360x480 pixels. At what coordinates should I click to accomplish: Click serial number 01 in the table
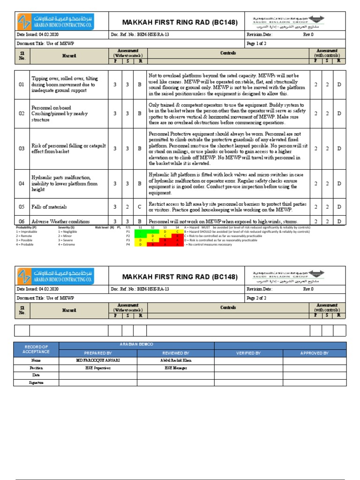click(21, 85)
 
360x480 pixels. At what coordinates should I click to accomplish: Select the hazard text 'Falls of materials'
click(49, 207)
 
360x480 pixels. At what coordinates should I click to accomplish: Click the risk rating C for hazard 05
click(139, 207)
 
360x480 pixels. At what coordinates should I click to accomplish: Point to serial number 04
click(21, 184)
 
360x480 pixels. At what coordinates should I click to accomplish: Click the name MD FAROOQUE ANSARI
click(98, 360)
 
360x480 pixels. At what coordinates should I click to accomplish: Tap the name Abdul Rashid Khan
click(176, 360)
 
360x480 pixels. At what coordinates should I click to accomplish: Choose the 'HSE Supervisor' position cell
click(98, 368)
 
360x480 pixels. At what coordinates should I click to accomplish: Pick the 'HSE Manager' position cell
click(176, 368)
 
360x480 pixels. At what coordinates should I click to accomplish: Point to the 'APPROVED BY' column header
click(314, 353)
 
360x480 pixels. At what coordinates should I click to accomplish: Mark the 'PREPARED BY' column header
click(98, 353)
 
